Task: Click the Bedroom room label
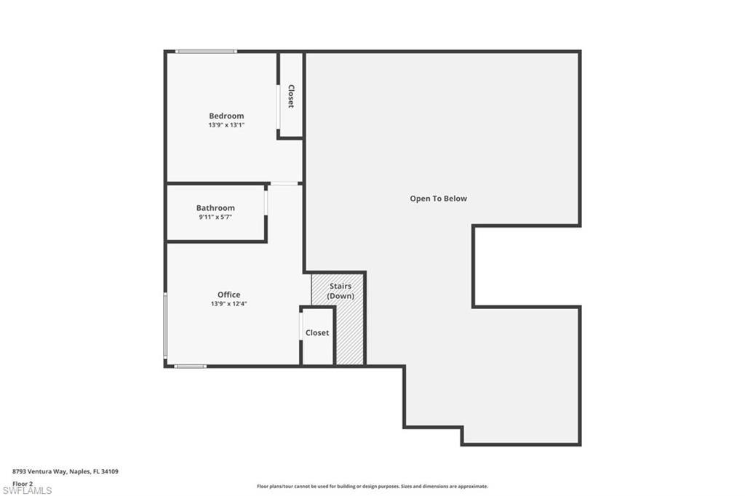(226, 116)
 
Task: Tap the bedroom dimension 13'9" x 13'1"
(226, 125)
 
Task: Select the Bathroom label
(215, 207)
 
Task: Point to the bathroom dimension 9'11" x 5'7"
(215, 217)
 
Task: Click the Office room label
(228, 295)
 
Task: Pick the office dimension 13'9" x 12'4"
(228, 303)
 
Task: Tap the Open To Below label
(438, 199)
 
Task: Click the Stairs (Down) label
(340, 291)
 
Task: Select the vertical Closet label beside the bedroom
(291, 97)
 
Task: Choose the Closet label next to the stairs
(317, 333)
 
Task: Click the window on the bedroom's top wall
(206, 52)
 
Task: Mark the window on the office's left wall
(165, 325)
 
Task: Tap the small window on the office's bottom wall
(190, 367)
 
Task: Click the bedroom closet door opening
(279, 106)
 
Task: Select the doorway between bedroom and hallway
(284, 183)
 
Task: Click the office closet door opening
(300, 327)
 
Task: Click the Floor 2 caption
(23, 484)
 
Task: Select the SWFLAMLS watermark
(27, 491)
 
